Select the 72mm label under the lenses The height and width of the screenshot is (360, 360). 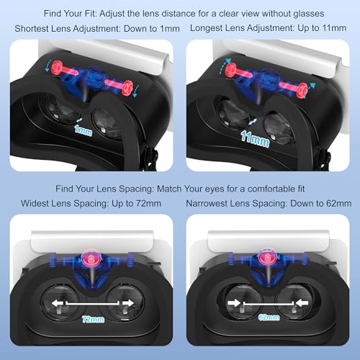tap(90, 318)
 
